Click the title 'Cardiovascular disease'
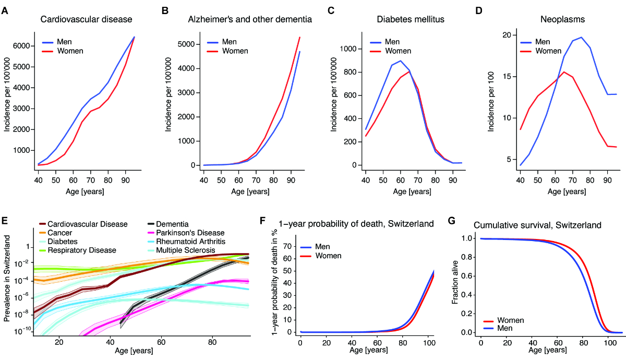(86, 20)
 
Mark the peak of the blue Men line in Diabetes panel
(401, 61)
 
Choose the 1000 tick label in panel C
(347, 49)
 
